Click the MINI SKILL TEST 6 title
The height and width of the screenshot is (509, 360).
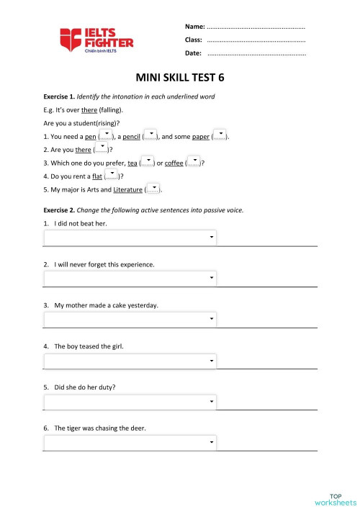point(179,78)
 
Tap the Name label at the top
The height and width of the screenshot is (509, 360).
point(194,26)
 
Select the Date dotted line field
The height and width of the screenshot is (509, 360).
point(256,53)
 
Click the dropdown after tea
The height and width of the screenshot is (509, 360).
point(147,162)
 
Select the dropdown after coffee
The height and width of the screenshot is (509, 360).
point(194,162)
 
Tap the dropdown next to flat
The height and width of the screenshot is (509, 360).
point(112,175)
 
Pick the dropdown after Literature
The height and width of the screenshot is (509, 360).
point(153,189)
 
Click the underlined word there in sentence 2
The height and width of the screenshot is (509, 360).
point(84,149)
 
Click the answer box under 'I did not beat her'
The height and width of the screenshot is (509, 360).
point(130,238)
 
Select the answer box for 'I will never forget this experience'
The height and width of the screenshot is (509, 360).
point(130,279)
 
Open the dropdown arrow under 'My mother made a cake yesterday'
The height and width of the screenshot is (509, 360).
point(212,319)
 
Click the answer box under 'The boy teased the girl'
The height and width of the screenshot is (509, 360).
point(130,361)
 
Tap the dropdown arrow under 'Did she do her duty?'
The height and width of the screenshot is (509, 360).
point(212,402)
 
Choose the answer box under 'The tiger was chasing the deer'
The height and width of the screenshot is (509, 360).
point(130,443)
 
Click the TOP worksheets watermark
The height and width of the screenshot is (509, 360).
point(335,499)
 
